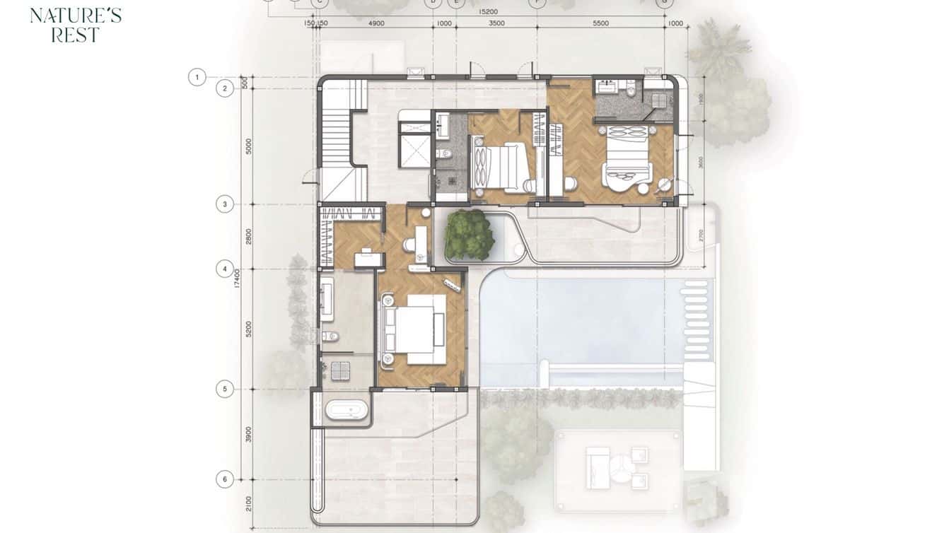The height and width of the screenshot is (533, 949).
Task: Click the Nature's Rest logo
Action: point(76,25)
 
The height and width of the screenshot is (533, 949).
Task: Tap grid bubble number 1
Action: point(197,76)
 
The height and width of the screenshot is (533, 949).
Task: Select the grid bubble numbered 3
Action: point(225,204)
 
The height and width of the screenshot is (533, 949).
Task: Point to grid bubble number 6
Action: point(225,479)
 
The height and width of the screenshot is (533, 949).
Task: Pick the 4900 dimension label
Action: point(376,23)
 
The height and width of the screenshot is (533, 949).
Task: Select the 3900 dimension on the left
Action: point(248,434)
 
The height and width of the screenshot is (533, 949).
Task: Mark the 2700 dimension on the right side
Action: point(701,235)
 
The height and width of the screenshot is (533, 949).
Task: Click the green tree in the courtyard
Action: point(469,234)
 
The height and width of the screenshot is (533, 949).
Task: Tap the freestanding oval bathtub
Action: point(347,410)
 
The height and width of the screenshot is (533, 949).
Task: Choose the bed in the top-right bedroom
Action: point(627,155)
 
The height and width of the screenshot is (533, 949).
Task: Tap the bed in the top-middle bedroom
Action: point(503,167)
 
